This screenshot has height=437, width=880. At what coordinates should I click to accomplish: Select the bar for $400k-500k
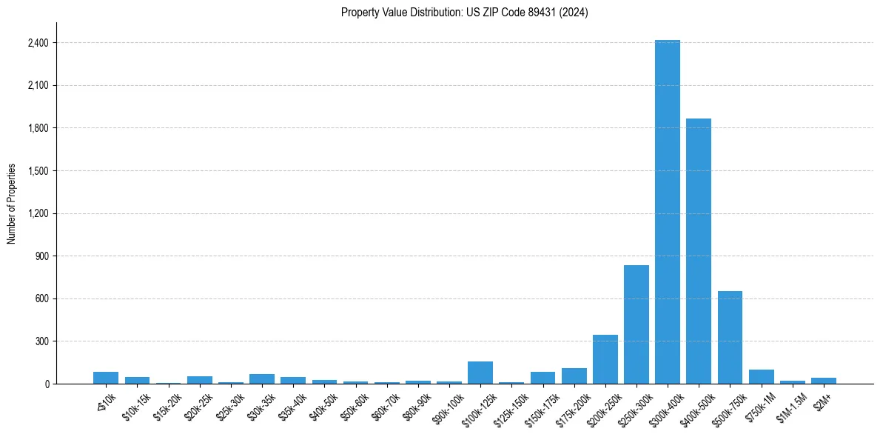click(x=698, y=252)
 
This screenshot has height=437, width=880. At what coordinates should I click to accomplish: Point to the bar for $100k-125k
click(x=480, y=373)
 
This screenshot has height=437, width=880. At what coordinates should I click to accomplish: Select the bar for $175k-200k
click(x=574, y=376)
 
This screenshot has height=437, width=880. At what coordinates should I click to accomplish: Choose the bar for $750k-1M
click(x=761, y=377)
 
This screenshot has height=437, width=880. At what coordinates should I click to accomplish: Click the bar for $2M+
click(x=823, y=381)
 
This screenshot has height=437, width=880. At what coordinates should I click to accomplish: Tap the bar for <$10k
click(x=106, y=378)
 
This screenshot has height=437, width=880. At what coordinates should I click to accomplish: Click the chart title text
click(x=464, y=13)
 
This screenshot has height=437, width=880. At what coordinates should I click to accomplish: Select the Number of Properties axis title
click(x=12, y=204)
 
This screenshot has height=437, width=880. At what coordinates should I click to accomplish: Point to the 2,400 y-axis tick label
click(x=36, y=43)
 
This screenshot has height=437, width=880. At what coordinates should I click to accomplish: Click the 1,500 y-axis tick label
click(x=36, y=171)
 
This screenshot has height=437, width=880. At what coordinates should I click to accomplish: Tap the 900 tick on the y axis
click(x=41, y=256)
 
